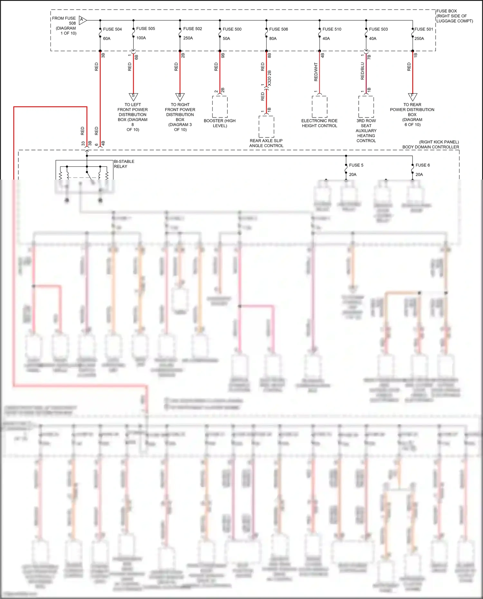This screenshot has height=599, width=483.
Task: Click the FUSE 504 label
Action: [112, 29]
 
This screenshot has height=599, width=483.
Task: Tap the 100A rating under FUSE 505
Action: [141, 38]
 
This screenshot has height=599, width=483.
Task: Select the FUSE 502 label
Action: [193, 29]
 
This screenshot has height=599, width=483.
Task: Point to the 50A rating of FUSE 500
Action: [226, 39]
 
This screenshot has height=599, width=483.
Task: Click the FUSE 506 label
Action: [279, 29]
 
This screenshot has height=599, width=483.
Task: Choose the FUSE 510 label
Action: [332, 29]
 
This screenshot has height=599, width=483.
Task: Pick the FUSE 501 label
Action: [424, 29]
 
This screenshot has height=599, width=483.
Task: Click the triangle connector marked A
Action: [82, 20]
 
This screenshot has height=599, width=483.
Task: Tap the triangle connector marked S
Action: [133, 96]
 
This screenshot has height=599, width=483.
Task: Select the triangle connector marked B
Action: [180, 96]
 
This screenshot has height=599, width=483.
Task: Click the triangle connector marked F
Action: [412, 96]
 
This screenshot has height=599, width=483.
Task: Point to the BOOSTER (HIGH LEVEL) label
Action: [220, 123]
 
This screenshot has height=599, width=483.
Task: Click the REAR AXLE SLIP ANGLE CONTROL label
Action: [266, 143]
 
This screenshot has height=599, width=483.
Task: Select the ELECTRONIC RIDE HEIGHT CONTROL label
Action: [319, 123]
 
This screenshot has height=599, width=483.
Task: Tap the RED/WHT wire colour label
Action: [316, 72]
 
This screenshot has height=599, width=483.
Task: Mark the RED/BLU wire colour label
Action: [363, 71]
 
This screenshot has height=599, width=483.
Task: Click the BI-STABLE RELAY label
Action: [124, 164]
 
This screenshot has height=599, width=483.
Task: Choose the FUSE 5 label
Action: [356, 165]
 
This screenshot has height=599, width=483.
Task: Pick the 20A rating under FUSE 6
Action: [419, 174]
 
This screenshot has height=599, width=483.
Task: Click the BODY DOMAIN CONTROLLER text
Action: [431, 147]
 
